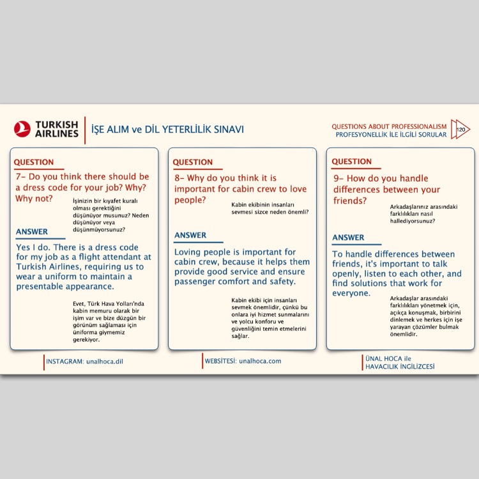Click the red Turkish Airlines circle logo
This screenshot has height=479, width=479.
[22, 129]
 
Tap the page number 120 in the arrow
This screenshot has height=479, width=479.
[460, 130]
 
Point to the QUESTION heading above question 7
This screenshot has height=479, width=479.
[34, 162]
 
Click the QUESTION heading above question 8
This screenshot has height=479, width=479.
[192, 162]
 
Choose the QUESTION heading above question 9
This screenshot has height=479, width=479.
[352, 162]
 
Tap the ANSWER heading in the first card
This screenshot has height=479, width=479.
[32, 232]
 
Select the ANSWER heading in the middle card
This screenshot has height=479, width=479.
[190, 235]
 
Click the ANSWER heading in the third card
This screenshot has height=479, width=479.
[348, 238]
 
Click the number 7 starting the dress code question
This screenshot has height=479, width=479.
[19, 176]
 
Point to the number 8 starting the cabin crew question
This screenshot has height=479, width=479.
[177, 178]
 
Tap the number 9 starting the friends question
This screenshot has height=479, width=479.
[336, 178]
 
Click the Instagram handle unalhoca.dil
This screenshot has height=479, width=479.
[105, 361]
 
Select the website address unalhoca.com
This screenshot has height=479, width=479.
[260, 361]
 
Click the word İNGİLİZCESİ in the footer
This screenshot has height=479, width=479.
[417, 367]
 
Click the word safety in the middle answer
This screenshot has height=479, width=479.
[282, 282]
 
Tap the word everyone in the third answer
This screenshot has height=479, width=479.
[351, 293]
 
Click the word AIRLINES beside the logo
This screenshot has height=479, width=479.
[56, 133]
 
